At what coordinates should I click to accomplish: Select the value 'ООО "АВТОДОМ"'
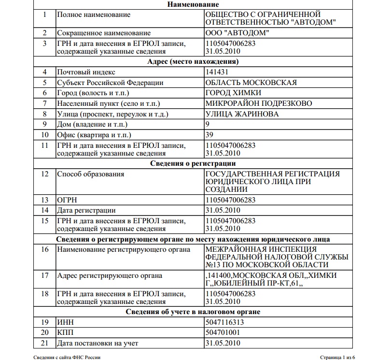pos(238,33)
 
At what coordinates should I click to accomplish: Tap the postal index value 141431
pos(217,72)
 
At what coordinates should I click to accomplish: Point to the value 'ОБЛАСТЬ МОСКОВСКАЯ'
pos(251,82)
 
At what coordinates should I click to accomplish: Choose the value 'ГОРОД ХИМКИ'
pos(233,93)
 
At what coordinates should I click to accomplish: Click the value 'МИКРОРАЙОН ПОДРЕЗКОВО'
pos(259,103)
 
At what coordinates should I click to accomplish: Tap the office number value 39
pos(209,135)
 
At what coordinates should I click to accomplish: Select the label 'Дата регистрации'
pos(86,210)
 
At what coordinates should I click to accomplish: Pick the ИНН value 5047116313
pos(224,322)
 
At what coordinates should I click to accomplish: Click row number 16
pos(45,249)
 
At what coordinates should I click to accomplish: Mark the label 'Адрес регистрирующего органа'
pos(110,275)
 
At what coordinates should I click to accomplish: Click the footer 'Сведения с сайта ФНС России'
pos(67,357)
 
